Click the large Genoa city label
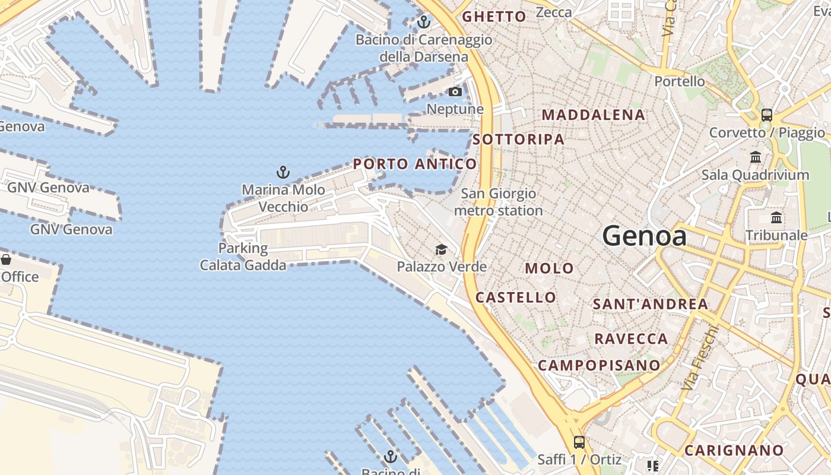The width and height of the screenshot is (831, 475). coord(645,236)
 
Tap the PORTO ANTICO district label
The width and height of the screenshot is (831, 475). coord(415,164)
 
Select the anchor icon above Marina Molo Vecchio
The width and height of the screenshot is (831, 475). coord(283,173)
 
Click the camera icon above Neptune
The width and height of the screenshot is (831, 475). coord(455,91)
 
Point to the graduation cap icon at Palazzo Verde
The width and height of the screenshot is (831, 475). coord(441,249)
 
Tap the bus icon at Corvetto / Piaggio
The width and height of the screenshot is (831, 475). coord(767,115)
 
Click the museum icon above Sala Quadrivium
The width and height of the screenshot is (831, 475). coord(756,157)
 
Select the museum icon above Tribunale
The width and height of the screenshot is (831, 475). coord(776,218)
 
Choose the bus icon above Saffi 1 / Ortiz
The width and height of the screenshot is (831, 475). coord(579,442)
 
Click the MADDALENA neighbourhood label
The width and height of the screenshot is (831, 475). coord(594,115)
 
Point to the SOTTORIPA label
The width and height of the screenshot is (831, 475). coord(519,139)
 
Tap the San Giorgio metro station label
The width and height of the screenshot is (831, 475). coord(499,202)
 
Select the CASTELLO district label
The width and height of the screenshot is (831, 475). coord(516,297)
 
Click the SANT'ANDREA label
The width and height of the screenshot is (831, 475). coord(651,304)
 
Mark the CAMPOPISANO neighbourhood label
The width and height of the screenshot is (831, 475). coord(599,365)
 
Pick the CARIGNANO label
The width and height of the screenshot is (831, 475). coord(734,450)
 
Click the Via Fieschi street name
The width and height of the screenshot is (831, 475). coord(700,358)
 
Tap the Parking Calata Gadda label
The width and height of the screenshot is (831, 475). coord(243,256)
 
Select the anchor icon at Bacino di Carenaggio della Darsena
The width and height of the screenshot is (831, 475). coord(423,23)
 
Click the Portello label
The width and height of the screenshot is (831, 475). coord(680,81)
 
